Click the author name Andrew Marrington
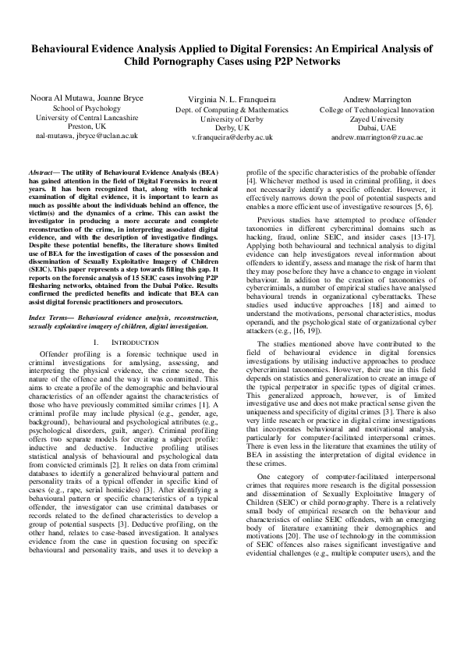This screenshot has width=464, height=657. (377, 100)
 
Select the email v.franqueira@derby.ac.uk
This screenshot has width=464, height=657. (232, 137)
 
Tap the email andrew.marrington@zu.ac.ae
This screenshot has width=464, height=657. (377, 137)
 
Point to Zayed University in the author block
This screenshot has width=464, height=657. (377, 119)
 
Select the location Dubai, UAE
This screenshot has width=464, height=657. (377, 127)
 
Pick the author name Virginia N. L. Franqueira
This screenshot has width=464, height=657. (232, 101)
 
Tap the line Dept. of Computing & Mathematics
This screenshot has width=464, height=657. (232, 110)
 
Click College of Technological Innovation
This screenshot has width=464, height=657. (377, 110)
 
